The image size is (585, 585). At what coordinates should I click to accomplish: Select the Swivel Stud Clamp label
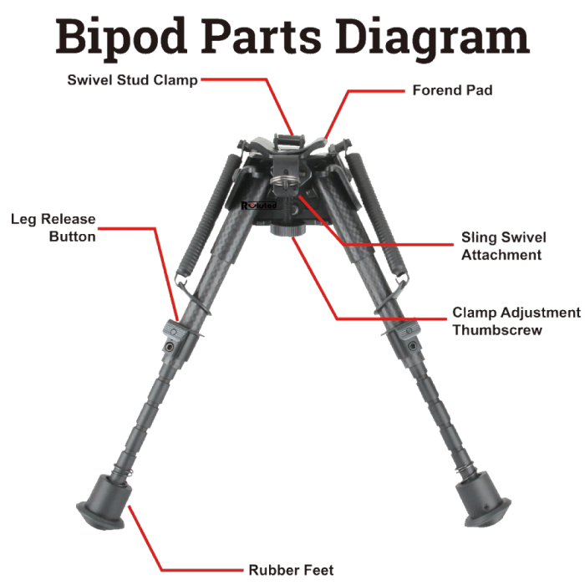coord(133,80)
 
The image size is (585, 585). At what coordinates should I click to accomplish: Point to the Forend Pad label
coord(451,90)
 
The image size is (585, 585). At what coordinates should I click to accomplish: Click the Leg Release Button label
coord(53,228)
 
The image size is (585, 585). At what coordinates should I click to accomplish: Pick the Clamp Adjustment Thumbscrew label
coord(516,321)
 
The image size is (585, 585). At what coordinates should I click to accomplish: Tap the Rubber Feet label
coord(291,571)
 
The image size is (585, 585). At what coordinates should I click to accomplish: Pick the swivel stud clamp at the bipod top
coord(286,141)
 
